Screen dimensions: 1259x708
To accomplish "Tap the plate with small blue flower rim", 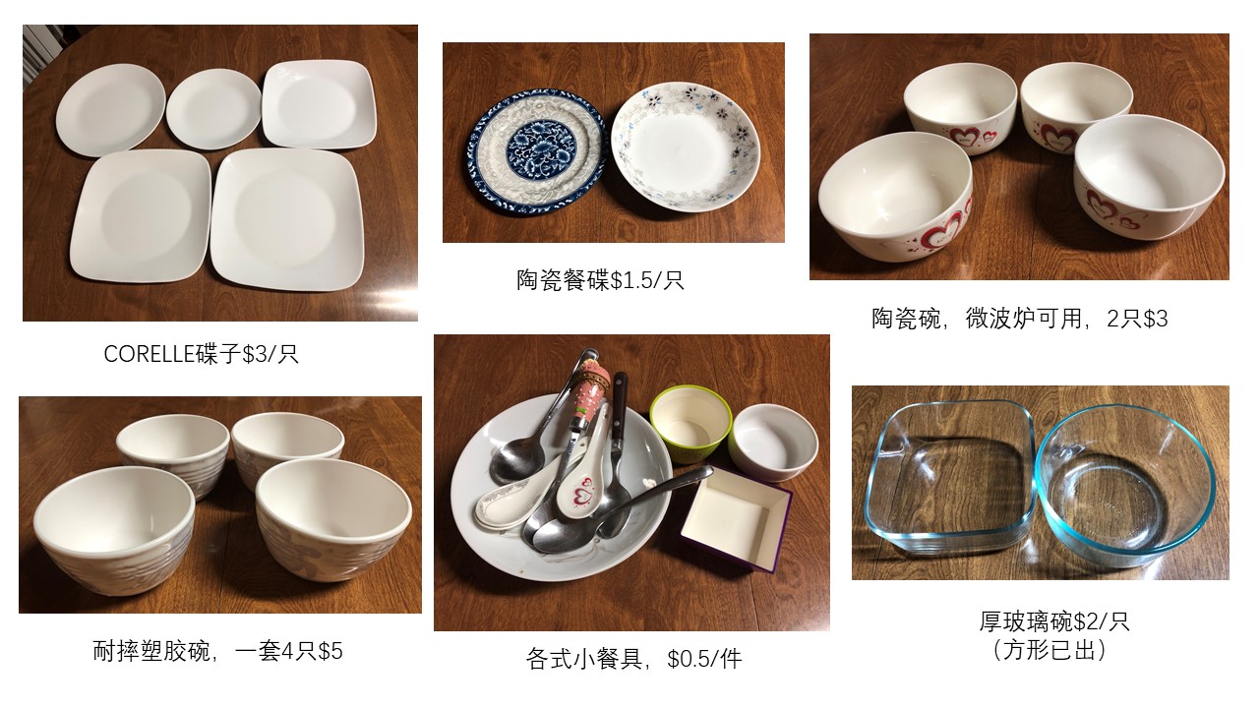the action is pyautogui.click(x=686, y=147).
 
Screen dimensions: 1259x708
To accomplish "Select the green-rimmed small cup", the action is pyautogui.click(x=690, y=423).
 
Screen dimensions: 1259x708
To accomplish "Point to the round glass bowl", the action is pyautogui.click(x=1125, y=486).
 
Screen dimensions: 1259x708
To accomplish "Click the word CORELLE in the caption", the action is pyautogui.click(x=150, y=354).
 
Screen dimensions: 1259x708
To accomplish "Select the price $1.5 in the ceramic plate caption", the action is pyautogui.click(x=632, y=280).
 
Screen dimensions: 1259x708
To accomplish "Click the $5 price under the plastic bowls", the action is pyautogui.click(x=330, y=651).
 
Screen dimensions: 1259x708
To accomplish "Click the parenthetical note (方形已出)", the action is pyautogui.click(x=1049, y=651).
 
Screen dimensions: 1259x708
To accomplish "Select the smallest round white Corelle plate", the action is pyautogui.click(x=213, y=109).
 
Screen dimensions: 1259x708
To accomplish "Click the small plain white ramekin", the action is pyautogui.click(x=774, y=443).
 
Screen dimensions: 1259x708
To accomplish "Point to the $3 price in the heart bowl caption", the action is pyautogui.click(x=1155, y=319).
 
